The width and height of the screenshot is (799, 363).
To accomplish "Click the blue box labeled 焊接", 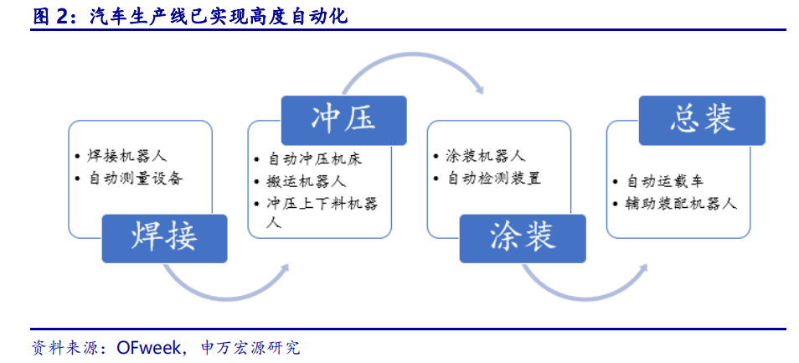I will [164, 236].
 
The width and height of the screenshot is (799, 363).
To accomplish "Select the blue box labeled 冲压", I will [343, 119].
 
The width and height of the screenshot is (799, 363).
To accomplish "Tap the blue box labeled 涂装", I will [523, 236].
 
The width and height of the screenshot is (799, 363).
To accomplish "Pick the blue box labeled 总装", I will [702, 119].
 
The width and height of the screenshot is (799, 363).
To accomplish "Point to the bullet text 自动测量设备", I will [135, 179].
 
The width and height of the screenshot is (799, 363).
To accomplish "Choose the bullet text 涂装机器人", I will [485, 157].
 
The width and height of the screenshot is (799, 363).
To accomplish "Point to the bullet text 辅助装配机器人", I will [680, 203].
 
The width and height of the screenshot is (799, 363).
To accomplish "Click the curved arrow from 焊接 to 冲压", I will [226, 289].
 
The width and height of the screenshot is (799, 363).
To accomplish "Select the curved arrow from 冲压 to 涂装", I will [410, 60].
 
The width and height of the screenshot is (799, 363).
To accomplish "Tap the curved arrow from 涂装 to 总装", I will [586, 289].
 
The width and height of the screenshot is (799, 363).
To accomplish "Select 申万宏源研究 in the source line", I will [251, 347].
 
